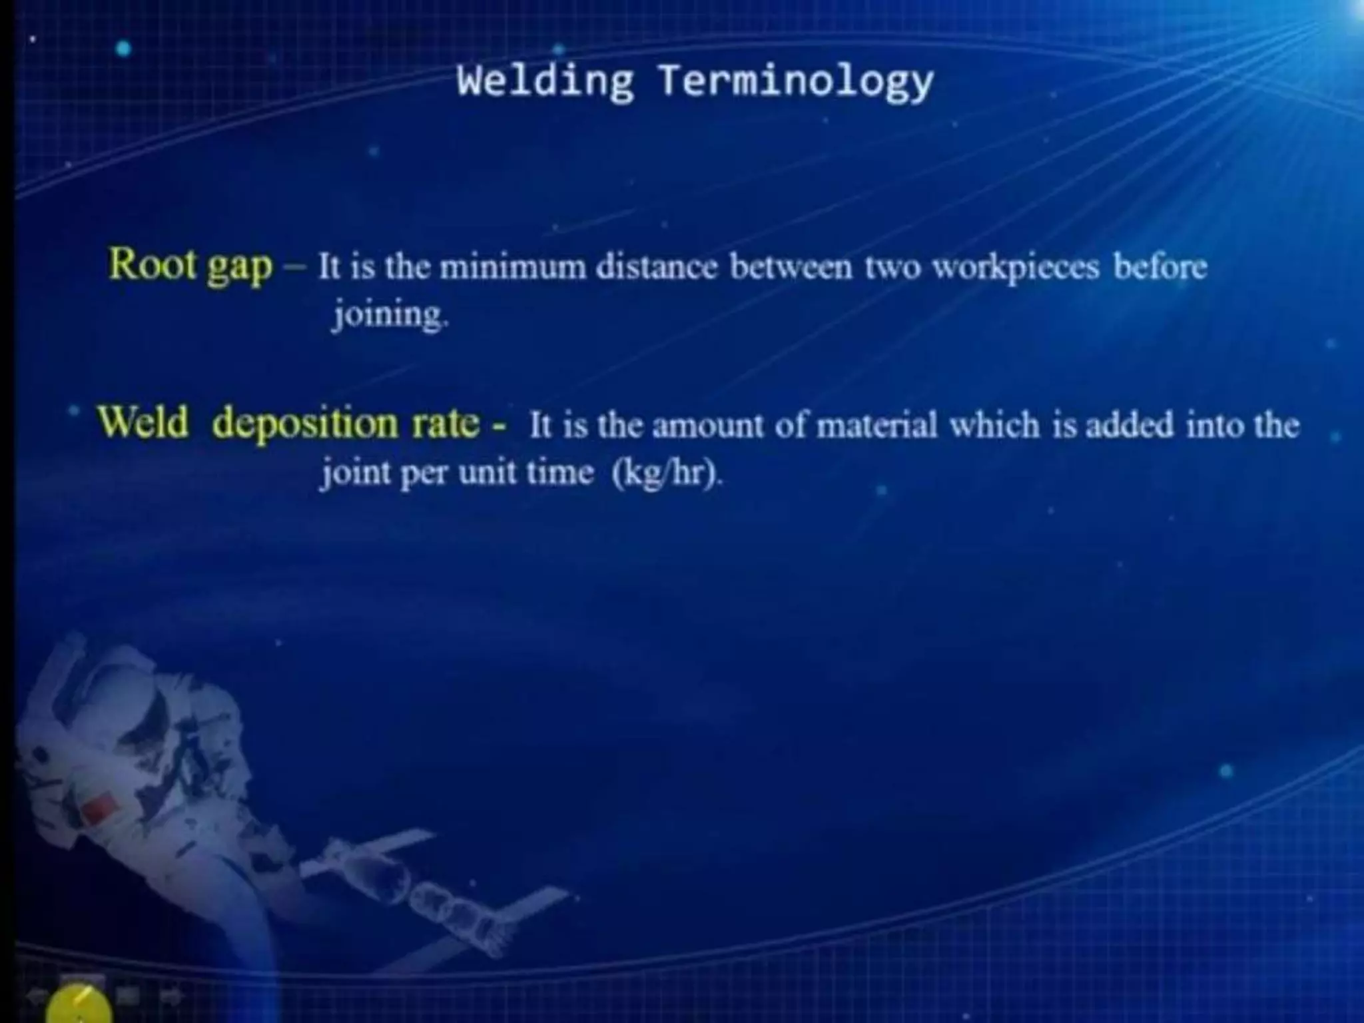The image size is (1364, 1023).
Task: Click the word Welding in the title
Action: tap(545, 81)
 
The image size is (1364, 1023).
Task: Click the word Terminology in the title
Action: tap(795, 83)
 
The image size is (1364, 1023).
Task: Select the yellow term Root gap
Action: tap(190, 265)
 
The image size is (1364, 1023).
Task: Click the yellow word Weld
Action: tap(143, 422)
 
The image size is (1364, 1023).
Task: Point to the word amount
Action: tap(707, 426)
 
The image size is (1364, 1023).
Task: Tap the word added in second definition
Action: tap(1130, 425)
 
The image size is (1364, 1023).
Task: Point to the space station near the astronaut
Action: tap(426, 892)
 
